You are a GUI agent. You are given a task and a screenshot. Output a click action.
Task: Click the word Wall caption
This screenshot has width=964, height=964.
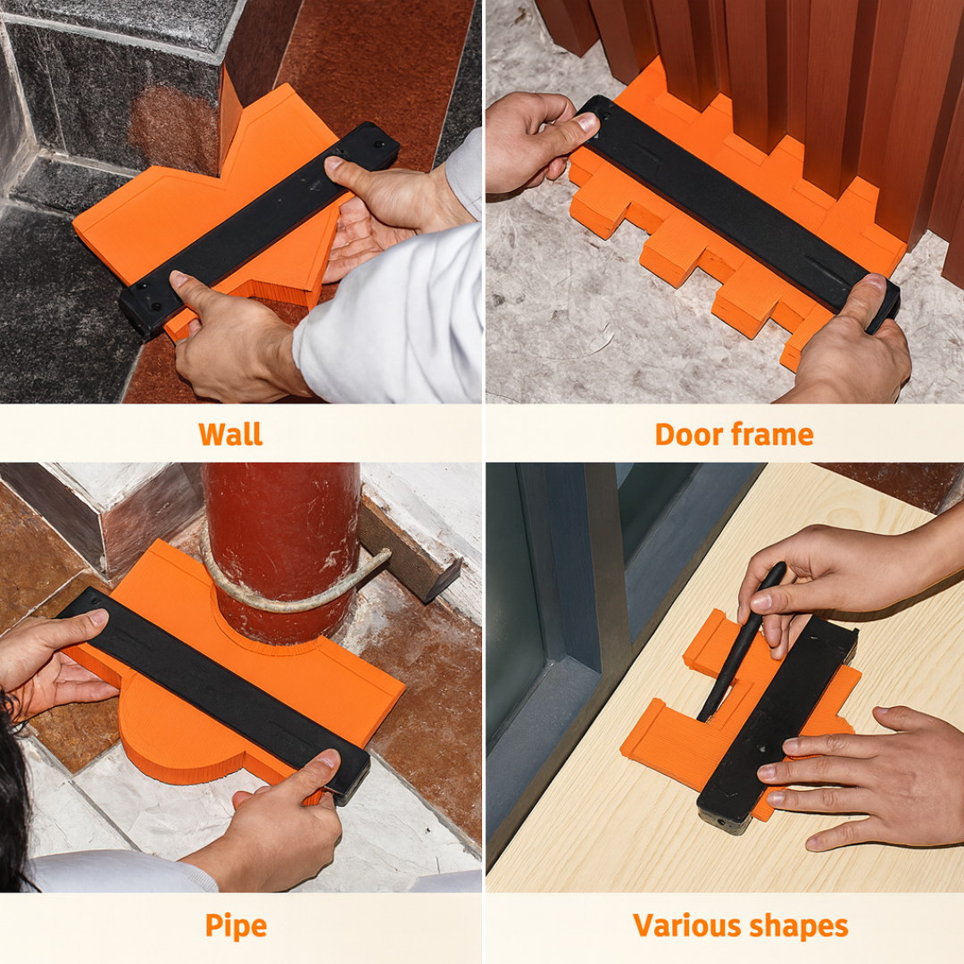click(x=230, y=434)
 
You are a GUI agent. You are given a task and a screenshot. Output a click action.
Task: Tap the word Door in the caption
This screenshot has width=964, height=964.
click(x=688, y=434)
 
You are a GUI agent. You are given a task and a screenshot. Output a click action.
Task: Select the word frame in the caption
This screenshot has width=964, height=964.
click(x=773, y=434)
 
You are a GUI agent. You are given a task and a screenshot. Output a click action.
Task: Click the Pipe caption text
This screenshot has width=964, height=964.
click(x=236, y=926)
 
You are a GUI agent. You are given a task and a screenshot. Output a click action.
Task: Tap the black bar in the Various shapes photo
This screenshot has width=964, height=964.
click(x=777, y=726)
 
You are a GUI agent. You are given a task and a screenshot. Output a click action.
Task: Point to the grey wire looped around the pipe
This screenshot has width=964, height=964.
click(x=295, y=584)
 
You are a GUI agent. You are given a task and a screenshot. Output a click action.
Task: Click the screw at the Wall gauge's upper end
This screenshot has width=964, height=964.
click(x=379, y=145)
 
